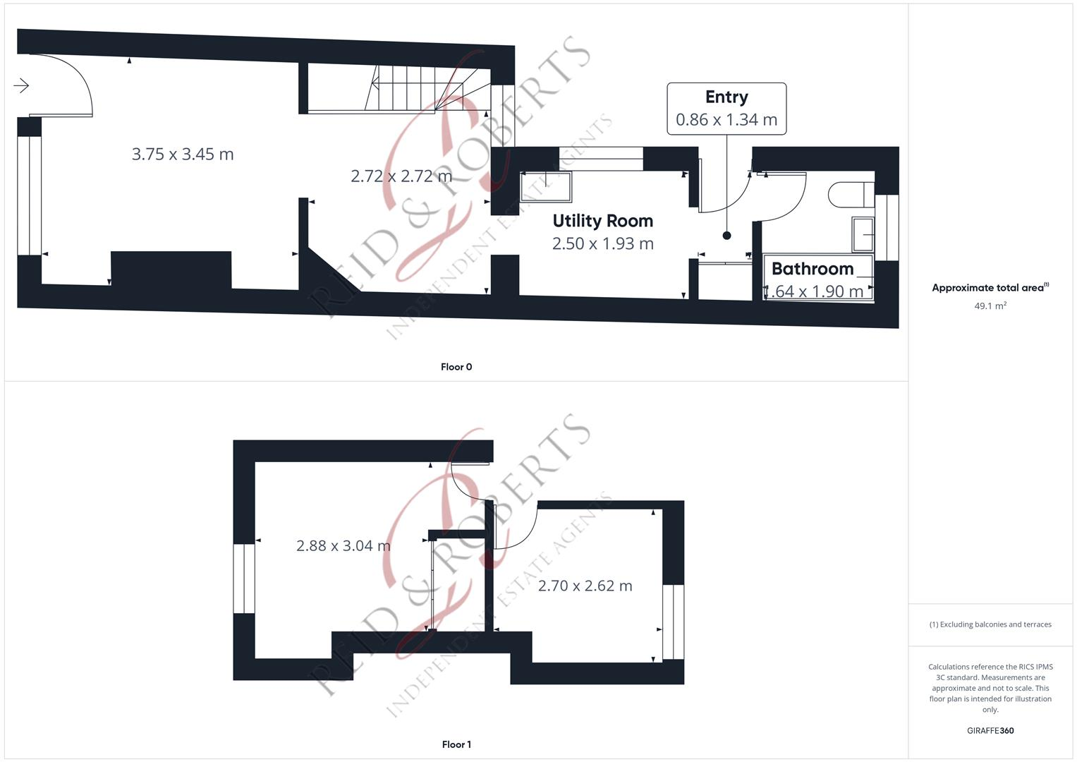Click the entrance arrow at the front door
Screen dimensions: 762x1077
pyautogui.click(x=21, y=86)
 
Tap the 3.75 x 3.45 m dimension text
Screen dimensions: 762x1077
pyautogui.click(x=183, y=154)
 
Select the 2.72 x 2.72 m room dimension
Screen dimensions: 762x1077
pyautogui.click(x=401, y=176)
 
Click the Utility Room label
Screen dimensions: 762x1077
pyautogui.click(x=602, y=221)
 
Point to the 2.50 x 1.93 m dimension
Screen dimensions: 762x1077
pyautogui.click(x=602, y=243)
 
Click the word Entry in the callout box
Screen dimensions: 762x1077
pyautogui.click(x=726, y=97)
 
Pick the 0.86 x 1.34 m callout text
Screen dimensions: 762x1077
pyautogui.click(x=726, y=120)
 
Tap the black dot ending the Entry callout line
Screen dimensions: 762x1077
pyautogui.click(x=726, y=236)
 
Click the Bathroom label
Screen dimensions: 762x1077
pyautogui.click(x=813, y=269)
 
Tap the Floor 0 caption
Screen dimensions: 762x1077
pyautogui.click(x=456, y=367)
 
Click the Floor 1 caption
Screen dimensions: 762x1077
pyautogui.click(x=456, y=744)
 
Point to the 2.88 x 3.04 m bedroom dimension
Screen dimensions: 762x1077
pyautogui.click(x=343, y=545)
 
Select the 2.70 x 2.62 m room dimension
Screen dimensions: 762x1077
pyautogui.click(x=585, y=586)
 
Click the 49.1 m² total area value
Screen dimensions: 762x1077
pyautogui.click(x=990, y=306)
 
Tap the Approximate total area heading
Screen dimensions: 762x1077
pyautogui.click(x=990, y=288)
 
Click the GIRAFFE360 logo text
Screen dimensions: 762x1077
pyautogui.click(x=990, y=730)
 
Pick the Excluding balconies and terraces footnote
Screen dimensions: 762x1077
pyautogui.click(x=990, y=624)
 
